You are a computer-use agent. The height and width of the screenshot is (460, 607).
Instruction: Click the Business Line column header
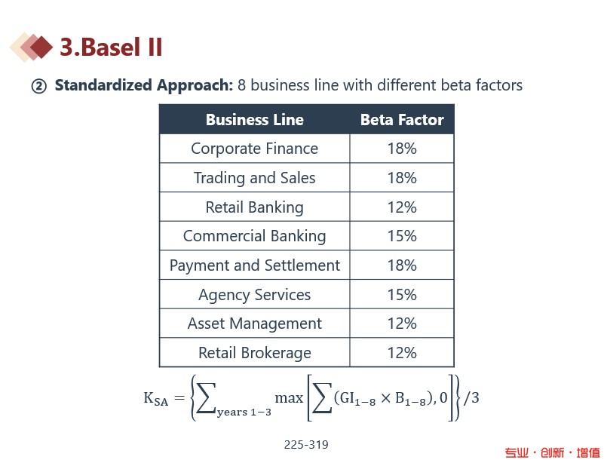coord(255,120)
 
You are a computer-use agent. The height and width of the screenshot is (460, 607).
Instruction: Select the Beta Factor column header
coord(402,120)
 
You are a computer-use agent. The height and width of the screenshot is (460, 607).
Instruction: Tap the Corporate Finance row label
coord(254,149)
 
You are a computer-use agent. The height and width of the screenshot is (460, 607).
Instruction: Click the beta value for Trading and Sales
coord(402,178)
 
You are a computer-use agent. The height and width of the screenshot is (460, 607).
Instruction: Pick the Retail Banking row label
coord(254,207)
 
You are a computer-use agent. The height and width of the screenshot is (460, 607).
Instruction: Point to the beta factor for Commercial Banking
coord(402,236)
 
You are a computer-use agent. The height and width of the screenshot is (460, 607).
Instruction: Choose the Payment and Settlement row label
coord(255,265)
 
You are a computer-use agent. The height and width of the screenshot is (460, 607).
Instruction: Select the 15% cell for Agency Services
coord(402,295)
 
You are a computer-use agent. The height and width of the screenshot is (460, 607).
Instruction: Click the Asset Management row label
coord(255,324)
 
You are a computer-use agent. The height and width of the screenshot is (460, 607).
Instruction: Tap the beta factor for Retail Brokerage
coord(402,353)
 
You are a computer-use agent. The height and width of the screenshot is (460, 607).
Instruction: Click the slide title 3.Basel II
coord(111,48)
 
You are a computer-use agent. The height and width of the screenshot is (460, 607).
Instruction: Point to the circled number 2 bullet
coord(38,86)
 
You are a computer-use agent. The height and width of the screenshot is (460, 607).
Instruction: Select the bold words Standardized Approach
coord(143,85)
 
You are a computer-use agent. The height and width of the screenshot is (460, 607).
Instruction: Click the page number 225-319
coord(306,444)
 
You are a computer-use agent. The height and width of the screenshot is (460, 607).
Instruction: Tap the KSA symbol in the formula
coord(156,399)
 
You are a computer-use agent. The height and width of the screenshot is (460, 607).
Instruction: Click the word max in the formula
coord(289,397)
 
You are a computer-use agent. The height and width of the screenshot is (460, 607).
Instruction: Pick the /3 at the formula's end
coord(471,397)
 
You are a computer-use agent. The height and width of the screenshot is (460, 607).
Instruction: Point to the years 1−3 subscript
coord(244,412)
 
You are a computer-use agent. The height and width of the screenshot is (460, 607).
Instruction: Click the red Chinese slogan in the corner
coord(552,452)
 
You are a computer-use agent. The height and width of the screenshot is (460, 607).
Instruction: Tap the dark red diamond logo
coord(41,47)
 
